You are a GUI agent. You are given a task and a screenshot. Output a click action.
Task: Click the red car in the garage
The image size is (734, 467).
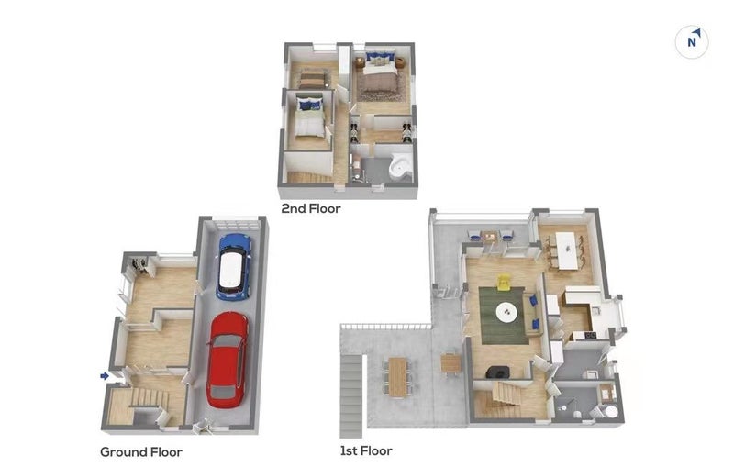(228, 360)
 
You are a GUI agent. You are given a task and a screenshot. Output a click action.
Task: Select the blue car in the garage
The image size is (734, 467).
(233, 267)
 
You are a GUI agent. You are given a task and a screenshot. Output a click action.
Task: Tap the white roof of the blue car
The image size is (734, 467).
(231, 270)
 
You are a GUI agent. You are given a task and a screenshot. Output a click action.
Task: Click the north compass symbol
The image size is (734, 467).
(692, 42)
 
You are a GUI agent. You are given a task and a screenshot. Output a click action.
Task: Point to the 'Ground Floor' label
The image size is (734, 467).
(141, 452)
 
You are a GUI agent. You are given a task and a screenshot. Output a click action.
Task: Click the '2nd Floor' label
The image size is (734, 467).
(311, 208)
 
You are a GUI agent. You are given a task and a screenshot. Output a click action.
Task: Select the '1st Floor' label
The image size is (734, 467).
(366, 450)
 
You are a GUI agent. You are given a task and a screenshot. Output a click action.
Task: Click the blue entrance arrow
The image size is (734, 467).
(105, 376)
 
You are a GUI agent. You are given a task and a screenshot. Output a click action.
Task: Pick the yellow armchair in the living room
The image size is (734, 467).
(503, 283)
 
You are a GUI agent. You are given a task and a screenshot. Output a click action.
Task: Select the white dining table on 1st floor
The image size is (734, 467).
(567, 250)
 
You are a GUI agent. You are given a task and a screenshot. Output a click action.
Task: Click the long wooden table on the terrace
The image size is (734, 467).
(398, 377)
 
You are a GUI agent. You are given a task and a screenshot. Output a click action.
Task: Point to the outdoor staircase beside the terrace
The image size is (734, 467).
(351, 395)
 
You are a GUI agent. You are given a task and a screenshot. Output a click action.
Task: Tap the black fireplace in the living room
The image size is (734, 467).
(497, 372)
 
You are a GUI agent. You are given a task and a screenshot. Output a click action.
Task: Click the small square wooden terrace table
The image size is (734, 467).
(451, 363)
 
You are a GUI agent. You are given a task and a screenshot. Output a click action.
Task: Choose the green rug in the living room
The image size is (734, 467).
(502, 316)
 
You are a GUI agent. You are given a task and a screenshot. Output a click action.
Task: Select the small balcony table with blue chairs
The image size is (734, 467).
(490, 236)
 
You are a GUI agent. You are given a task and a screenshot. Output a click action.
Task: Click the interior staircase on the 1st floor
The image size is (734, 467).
(506, 393)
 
